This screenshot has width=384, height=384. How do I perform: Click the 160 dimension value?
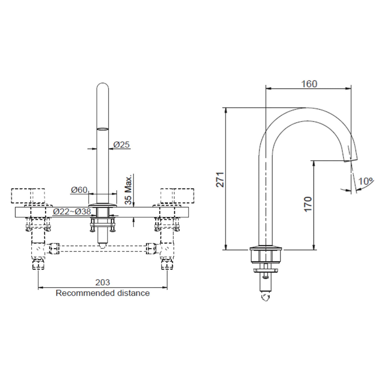(309, 84)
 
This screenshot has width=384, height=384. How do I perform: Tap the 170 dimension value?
(308, 204)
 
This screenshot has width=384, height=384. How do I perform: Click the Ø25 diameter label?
(122, 145)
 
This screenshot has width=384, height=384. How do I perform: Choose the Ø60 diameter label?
(79, 190)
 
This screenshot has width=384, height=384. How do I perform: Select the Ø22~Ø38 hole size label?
(72, 212)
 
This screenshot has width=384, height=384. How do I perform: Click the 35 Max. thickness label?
(128, 190)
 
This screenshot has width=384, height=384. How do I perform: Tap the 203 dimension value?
(102, 282)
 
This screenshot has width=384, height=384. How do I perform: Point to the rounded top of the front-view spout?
(103, 88)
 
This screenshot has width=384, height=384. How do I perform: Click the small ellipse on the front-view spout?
(103, 129)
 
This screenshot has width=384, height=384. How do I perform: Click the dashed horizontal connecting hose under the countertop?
(102, 249)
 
